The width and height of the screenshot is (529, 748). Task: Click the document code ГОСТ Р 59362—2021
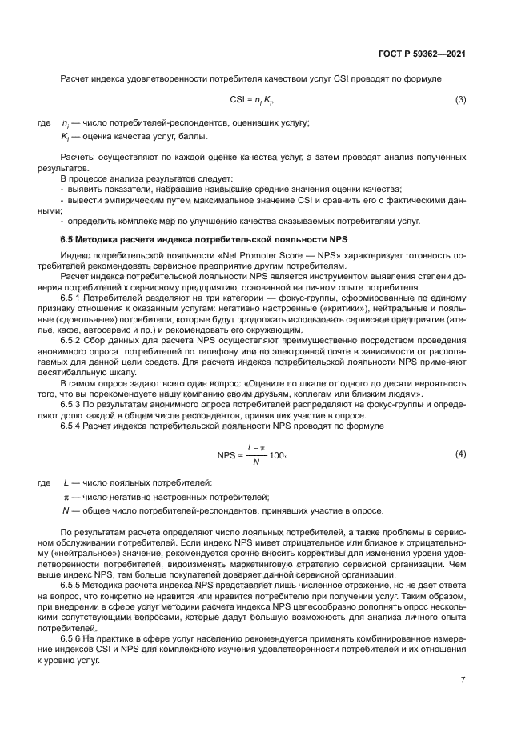421,55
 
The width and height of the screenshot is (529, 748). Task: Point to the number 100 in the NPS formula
275,455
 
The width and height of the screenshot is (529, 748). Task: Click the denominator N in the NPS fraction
256,462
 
